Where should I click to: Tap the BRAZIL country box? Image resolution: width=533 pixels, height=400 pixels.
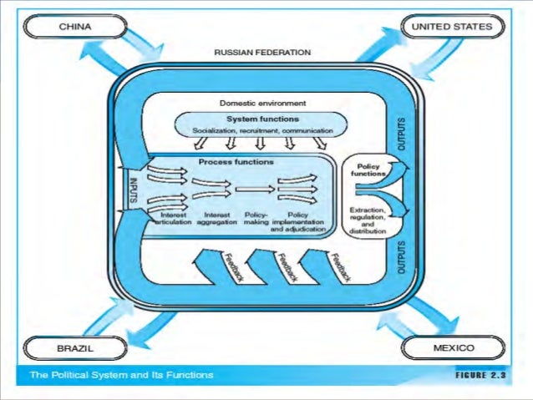(x=75, y=346)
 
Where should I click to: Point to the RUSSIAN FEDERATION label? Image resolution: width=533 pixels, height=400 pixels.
(x=262, y=53)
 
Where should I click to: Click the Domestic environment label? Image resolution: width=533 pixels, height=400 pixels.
(x=263, y=104)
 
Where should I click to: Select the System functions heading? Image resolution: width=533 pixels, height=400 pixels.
(x=262, y=119)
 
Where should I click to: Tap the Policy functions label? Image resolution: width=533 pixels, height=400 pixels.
(x=368, y=170)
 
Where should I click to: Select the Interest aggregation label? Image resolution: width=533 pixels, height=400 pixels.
(x=216, y=218)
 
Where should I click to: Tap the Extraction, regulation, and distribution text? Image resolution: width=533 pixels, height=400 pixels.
(x=368, y=219)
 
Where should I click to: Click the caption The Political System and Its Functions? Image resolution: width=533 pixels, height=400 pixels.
(x=121, y=375)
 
